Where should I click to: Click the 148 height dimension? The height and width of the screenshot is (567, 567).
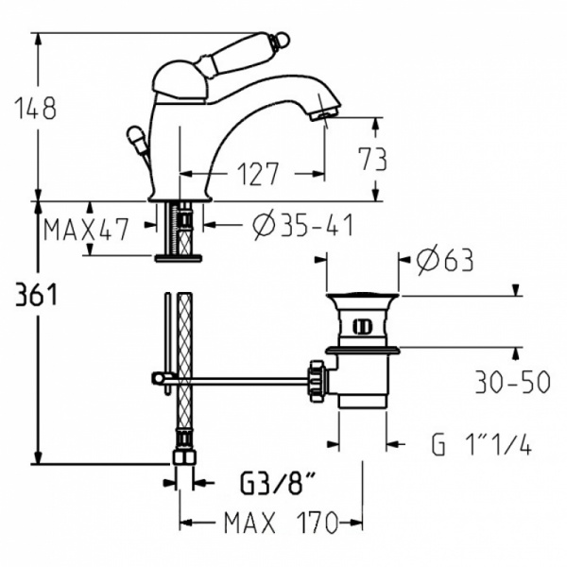tap(35, 108)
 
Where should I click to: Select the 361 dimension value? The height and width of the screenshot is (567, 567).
tap(36, 295)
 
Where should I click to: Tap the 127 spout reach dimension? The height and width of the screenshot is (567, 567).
tap(257, 174)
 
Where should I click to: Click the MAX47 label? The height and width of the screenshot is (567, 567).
tap(86, 229)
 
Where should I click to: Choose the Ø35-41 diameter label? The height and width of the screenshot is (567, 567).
tap(303, 225)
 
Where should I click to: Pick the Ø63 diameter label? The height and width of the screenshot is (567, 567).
tap(444, 260)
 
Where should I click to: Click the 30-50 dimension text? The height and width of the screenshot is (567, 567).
tap(513, 382)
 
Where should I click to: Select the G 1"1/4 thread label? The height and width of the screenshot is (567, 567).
tap(482, 444)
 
